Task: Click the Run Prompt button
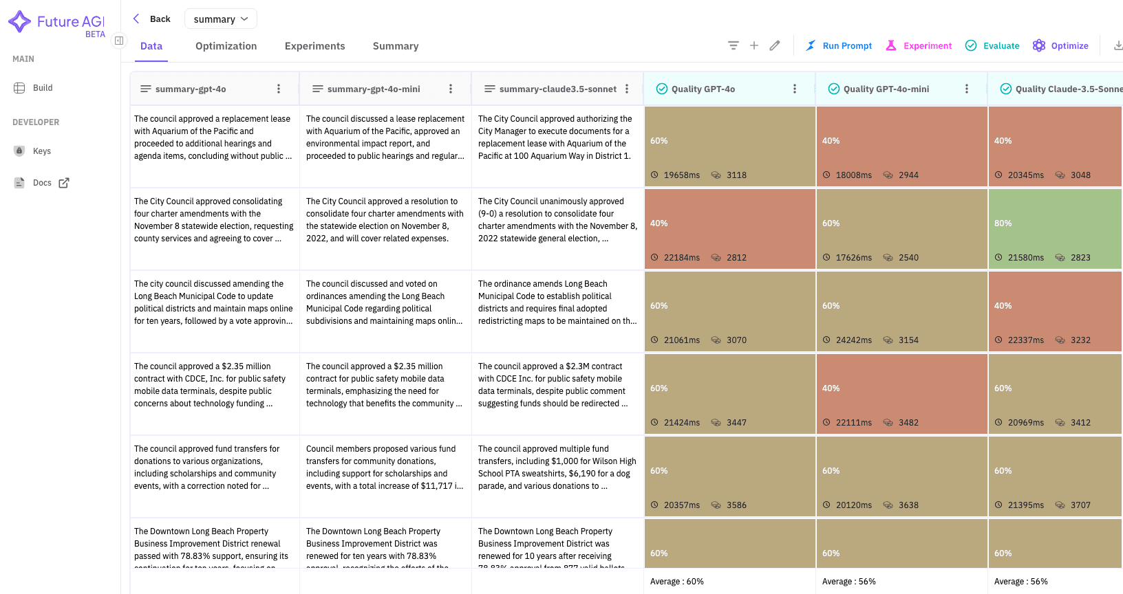click(x=839, y=46)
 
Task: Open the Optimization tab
click(x=226, y=46)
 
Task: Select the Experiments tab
click(x=314, y=46)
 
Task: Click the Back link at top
click(x=152, y=19)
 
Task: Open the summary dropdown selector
click(x=220, y=19)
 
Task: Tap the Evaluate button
click(x=992, y=46)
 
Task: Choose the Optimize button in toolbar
click(x=1060, y=46)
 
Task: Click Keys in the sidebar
click(x=41, y=151)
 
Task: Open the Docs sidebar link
click(x=42, y=183)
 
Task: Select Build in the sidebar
click(x=42, y=88)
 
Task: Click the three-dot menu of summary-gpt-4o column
click(x=279, y=89)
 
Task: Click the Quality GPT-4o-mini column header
click(x=886, y=89)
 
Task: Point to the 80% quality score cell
click(x=1003, y=223)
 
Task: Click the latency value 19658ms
click(x=681, y=175)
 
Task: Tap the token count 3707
click(x=1080, y=505)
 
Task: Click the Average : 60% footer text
click(x=676, y=582)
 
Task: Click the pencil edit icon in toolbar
click(x=775, y=45)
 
